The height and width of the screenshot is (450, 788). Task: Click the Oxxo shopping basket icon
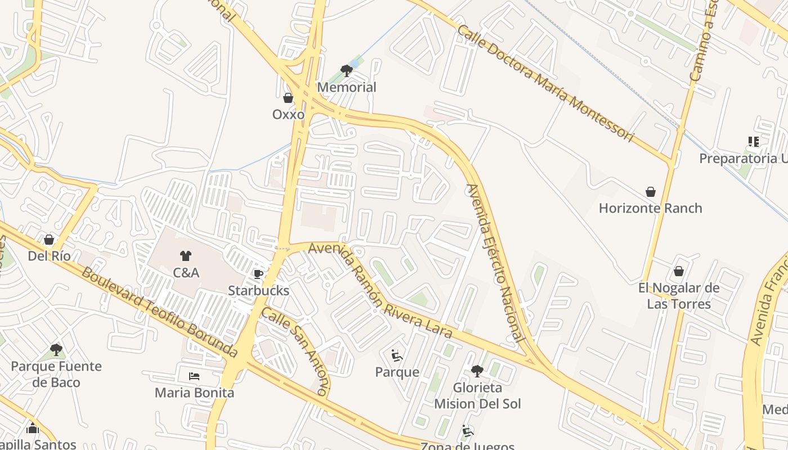pyautogui.click(x=288, y=98)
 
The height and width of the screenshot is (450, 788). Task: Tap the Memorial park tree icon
pyautogui.click(x=347, y=71)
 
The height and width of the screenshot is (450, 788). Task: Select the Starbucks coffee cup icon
pyautogui.click(x=258, y=274)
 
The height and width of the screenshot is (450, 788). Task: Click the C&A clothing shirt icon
pyautogui.click(x=186, y=256)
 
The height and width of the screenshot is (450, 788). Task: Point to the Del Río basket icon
pyautogui.click(x=49, y=240)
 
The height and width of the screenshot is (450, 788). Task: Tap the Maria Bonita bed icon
pyautogui.click(x=194, y=376)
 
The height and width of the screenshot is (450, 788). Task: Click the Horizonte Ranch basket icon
pyautogui.click(x=651, y=192)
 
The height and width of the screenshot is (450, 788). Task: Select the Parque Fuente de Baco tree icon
pyautogui.click(x=56, y=350)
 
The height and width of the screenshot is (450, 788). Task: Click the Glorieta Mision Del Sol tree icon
pyautogui.click(x=477, y=371)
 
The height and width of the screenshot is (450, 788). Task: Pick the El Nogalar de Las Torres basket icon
pyautogui.click(x=679, y=272)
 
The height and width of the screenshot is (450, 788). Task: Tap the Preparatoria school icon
pyautogui.click(x=754, y=142)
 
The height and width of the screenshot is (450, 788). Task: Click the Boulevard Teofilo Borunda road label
pyautogui.click(x=159, y=312)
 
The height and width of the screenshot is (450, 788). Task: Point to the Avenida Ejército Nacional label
pyautogui.click(x=495, y=263)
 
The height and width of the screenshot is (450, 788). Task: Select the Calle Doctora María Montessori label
pyautogui.click(x=545, y=83)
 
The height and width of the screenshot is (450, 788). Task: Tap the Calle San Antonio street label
pyautogui.click(x=295, y=352)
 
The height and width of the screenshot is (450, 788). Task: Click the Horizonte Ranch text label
pyautogui.click(x=650, y=208)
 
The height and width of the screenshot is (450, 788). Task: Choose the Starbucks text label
pyautogui.click(x=258, y=291)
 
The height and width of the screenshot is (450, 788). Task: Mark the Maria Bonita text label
pyautogui.click(x=194, y=393)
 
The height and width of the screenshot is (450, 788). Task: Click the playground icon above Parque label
pyautogui.click(x=397, y=355)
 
